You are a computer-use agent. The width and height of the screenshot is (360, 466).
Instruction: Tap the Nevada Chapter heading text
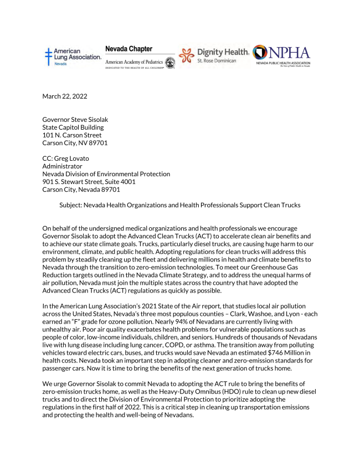(128, 49)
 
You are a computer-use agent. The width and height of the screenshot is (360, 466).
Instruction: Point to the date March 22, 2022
(65, 96)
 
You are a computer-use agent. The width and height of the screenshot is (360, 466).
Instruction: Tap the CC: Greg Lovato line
(67, 158)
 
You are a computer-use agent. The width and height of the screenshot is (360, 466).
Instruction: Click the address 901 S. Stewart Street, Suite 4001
(89, 182)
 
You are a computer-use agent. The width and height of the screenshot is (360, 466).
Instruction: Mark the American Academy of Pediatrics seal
(170, 63)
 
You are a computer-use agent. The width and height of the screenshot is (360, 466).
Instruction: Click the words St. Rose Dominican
(217, 60)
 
